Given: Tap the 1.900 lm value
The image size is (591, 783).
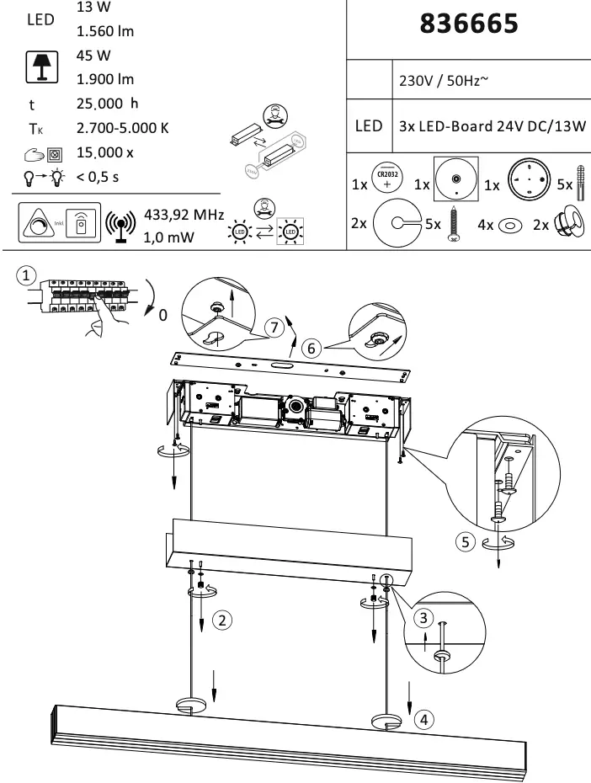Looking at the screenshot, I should (105, 80).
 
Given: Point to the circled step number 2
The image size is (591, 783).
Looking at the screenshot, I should (221, 621).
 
